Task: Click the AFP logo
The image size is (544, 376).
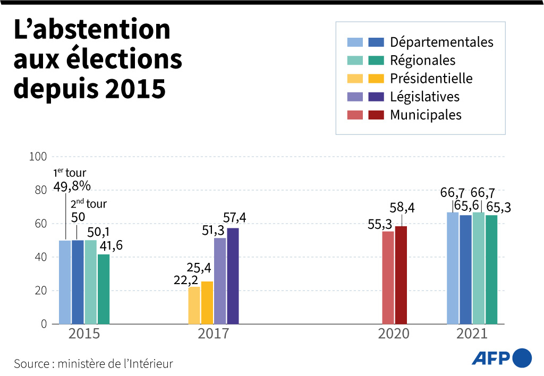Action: coord(501,357)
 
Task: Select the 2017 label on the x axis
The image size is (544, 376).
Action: coord(213,334)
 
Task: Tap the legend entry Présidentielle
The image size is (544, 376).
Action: coord(431,79)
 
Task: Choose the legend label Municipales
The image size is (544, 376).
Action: coord(426,115)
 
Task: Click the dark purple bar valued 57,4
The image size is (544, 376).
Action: coord(233,276)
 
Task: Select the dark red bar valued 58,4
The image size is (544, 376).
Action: coord(401,275)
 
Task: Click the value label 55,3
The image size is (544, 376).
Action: coord(380,225)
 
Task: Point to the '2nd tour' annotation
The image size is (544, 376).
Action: coord(88,204)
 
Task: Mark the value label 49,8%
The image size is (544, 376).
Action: coord(72,186)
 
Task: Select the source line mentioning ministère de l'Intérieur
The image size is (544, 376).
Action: coord(93,364)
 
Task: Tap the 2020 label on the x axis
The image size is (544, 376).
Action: coord(394,334)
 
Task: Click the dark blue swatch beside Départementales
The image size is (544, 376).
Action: coord(376,42)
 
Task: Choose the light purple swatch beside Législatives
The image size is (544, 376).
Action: coord(355,97)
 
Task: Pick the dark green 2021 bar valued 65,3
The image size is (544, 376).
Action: coord(491,269)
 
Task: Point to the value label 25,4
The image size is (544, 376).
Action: coord(200,267)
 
